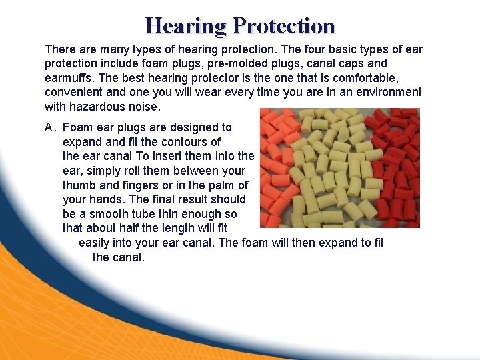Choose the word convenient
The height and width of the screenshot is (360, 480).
(75, 92)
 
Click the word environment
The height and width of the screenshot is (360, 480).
(389, 92)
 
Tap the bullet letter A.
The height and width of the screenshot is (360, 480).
(49, 127)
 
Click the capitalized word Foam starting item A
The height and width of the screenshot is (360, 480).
(77, 127)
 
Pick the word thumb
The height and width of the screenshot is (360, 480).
(78, 185)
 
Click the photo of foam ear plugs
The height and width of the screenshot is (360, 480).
(339, 167)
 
